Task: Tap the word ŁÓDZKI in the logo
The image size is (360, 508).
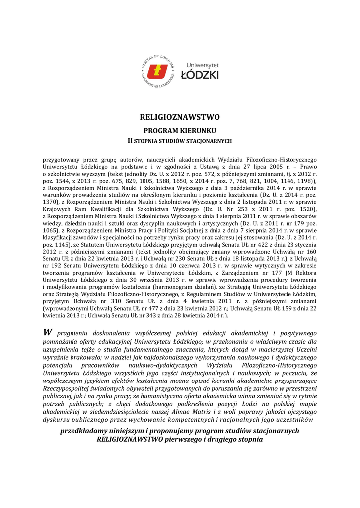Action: pos(199,75)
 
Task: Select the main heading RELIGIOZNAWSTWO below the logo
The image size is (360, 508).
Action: pos(179,118)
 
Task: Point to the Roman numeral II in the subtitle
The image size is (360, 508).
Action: pos(131,141)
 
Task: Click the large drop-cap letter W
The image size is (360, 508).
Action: pos(48,332)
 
